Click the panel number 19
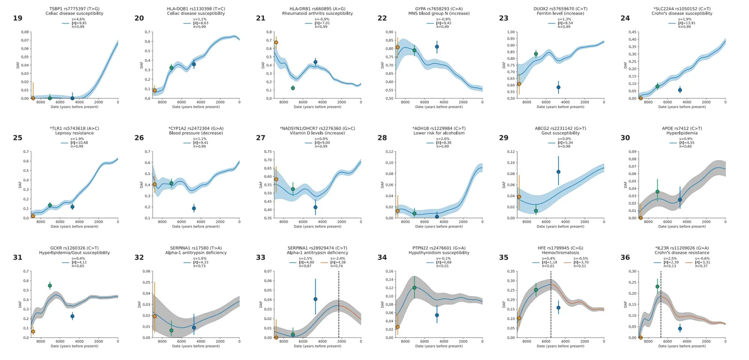coord(17,18)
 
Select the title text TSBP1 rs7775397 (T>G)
coord(74,9)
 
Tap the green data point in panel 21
coord(293,88)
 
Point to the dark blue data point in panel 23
coord(558,88)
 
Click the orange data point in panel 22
coord(397,47)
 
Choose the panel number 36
coord(625,257)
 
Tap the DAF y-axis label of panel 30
coord(625,185)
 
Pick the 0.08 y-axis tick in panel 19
coord(25,32)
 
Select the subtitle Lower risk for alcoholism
coord(439,133)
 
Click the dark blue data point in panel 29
coord(558,172)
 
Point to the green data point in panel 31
coord(50,286)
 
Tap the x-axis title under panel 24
coord(682,107)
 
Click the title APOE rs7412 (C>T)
coord(682,128)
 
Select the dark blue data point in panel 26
coord(194,208)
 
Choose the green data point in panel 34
coord(414,288)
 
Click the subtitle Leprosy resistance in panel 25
coord(74,133)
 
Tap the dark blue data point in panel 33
coord(316,299)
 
